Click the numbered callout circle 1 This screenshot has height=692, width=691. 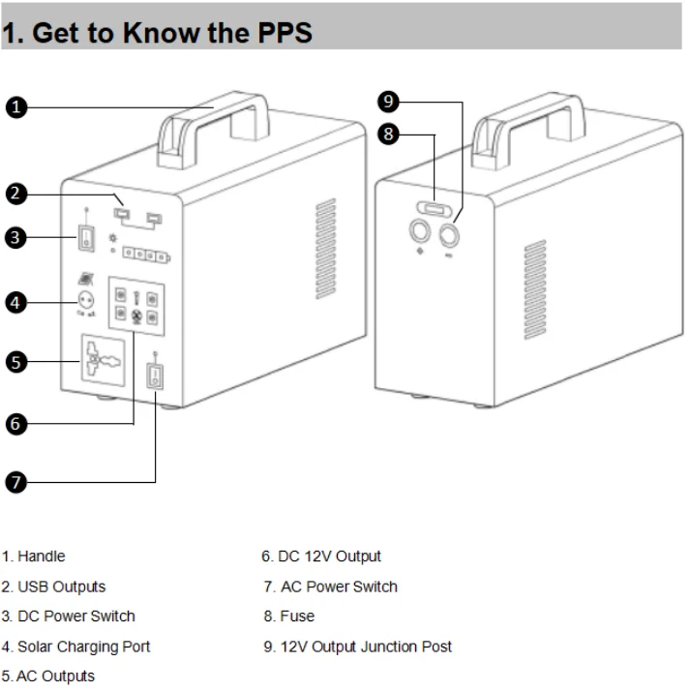click(x=16, y=107)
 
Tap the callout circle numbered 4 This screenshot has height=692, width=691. click(x=15, y=303)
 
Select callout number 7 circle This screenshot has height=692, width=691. click(x=15, y=482)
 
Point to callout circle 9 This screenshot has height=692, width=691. click(x=388, y=102)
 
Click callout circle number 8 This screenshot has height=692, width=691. click(x=388, y=134)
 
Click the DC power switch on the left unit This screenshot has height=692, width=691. click(x=86, y=238)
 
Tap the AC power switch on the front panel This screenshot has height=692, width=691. click(x=155, y=376)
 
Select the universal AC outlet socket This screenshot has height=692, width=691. click(x=104, y=360)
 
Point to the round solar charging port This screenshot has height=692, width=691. click(x=85, y=301)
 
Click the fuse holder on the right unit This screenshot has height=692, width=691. click(x=435, y=208)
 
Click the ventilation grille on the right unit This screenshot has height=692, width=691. click(x=535, y=289)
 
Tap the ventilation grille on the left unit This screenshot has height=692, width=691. click(x=326, y=249)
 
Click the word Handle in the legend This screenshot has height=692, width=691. click(x=42, y=557)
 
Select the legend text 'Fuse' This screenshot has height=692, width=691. click(x=297, y=617)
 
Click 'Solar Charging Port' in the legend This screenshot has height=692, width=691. click(x=84, y=647)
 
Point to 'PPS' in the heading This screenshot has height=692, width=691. click(x=285, y=33)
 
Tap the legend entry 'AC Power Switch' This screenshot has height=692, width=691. click(x=339, y=587)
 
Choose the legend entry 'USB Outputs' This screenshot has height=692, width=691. click(x=62, y=587)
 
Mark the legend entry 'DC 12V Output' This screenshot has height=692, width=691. click(x=329, y=557)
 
